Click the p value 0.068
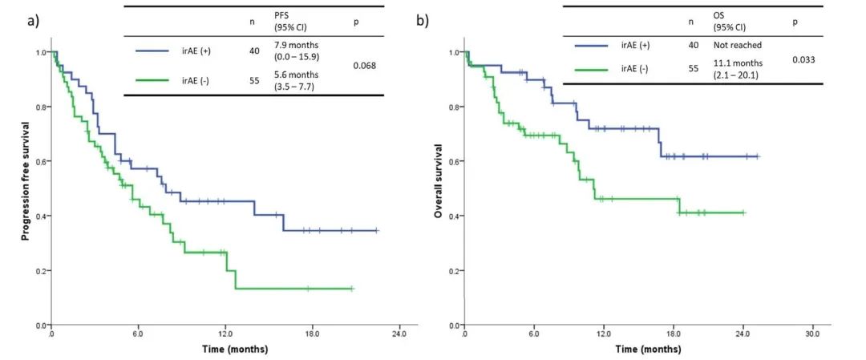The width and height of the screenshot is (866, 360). pos(365,66)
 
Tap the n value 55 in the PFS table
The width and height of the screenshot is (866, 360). pos(254,80)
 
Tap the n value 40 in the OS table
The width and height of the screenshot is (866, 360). pos(694,46)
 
